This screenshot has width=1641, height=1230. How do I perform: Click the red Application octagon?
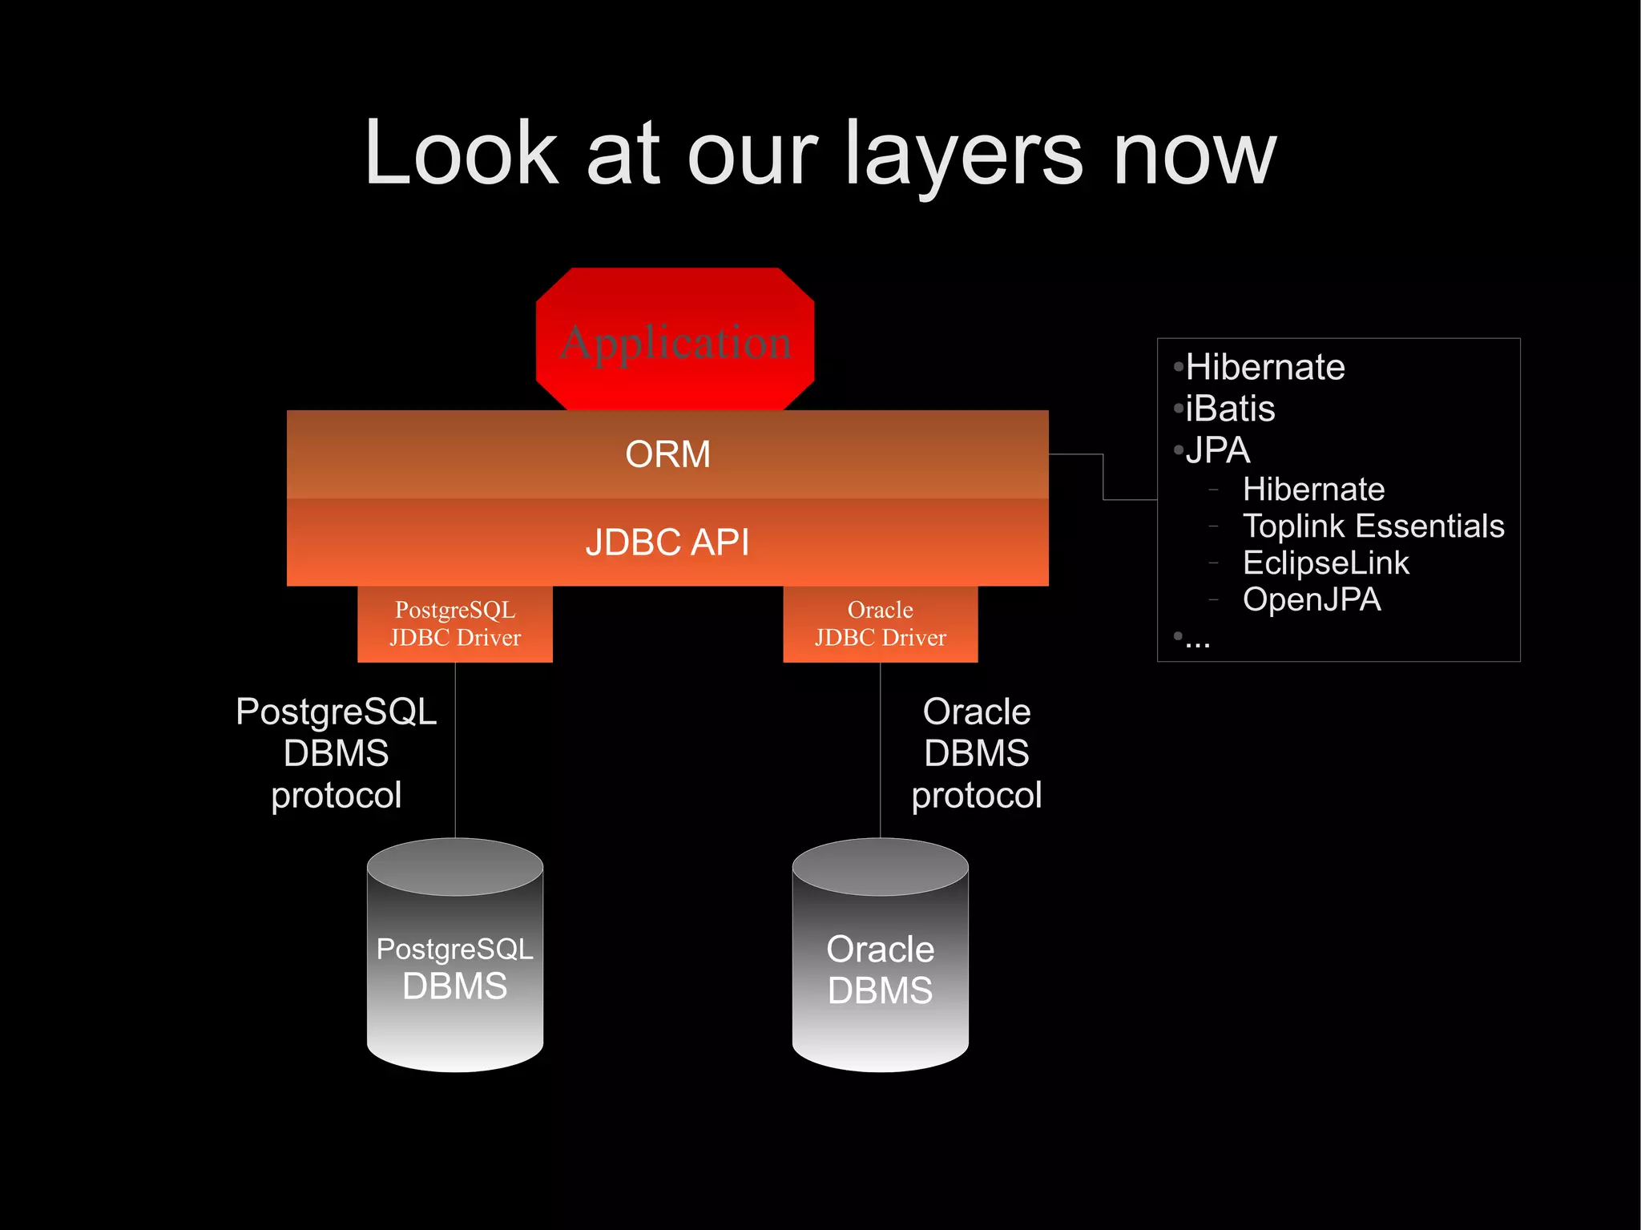pos(675,341)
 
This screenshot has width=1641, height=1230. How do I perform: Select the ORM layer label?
pos(667,454)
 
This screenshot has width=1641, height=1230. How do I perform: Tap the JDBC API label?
pos(667,542)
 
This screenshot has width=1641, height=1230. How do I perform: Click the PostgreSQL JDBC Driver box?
pos(455,623)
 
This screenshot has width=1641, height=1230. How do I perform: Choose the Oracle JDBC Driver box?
pos(880,623)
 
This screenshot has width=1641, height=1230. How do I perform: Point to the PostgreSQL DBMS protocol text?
pos(337,753)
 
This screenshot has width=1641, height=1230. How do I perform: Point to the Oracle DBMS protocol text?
pos(976,753)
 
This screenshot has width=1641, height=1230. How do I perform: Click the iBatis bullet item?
pos(1230,409)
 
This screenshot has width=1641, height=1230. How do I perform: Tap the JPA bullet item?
pos(1218,450)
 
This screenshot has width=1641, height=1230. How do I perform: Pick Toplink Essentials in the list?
pos(1373,526)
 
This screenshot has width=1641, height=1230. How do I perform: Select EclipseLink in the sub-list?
pos(1325,563)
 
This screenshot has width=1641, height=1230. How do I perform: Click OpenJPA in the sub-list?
pos(1312,599)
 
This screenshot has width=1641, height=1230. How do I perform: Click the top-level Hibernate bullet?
pos(1264,367)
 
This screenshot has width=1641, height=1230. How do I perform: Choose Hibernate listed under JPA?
pos(1313,490)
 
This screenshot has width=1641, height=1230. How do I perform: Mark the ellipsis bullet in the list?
pos(1197,640)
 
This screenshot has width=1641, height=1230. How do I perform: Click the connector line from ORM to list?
pos(1103,477)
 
